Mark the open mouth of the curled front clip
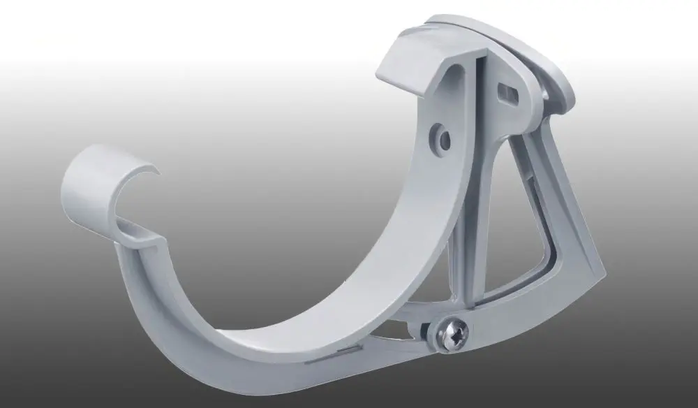point(133,203)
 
